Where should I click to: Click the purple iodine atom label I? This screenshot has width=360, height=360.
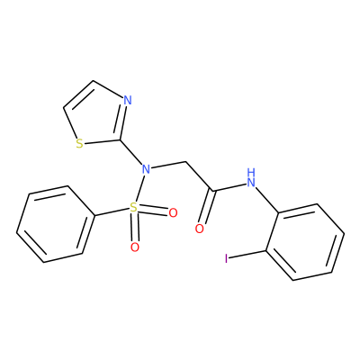(x=227, y=258)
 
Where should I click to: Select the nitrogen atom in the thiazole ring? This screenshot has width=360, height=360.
(x=128, y=100)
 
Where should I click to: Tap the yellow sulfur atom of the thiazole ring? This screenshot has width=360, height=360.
(x=79, y=144)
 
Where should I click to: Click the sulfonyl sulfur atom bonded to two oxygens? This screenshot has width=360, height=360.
(x=133, y=207)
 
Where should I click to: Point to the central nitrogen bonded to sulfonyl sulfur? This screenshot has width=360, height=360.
(x=146, y=169)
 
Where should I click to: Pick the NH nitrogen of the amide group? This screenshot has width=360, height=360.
(x=251, y=181)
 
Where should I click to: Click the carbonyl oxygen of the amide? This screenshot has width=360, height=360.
(x=200, y=229)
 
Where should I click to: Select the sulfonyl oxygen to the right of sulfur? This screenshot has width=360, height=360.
(x=173, y=213)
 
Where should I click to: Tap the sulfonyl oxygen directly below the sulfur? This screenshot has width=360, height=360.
(x=135, y=247)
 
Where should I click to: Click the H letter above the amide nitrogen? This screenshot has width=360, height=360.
(x=251, y=173)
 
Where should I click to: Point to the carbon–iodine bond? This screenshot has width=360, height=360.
(x=248, y=254)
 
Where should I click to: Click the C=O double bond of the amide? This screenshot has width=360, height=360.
(x=206, y=207)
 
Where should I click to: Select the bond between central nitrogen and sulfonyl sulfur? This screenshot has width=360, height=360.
(x=140, y=188)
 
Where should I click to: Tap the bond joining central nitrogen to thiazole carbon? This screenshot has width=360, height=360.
(x=131, y=152)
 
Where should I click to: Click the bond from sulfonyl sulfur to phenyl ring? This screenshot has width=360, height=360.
(x=112, y=211)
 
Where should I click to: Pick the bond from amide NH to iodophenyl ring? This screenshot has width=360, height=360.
(x=267, y=201)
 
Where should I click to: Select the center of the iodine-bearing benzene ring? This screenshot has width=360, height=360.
(x=305, y=242)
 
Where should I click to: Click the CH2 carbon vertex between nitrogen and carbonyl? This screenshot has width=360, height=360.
(x=186, y=162)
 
